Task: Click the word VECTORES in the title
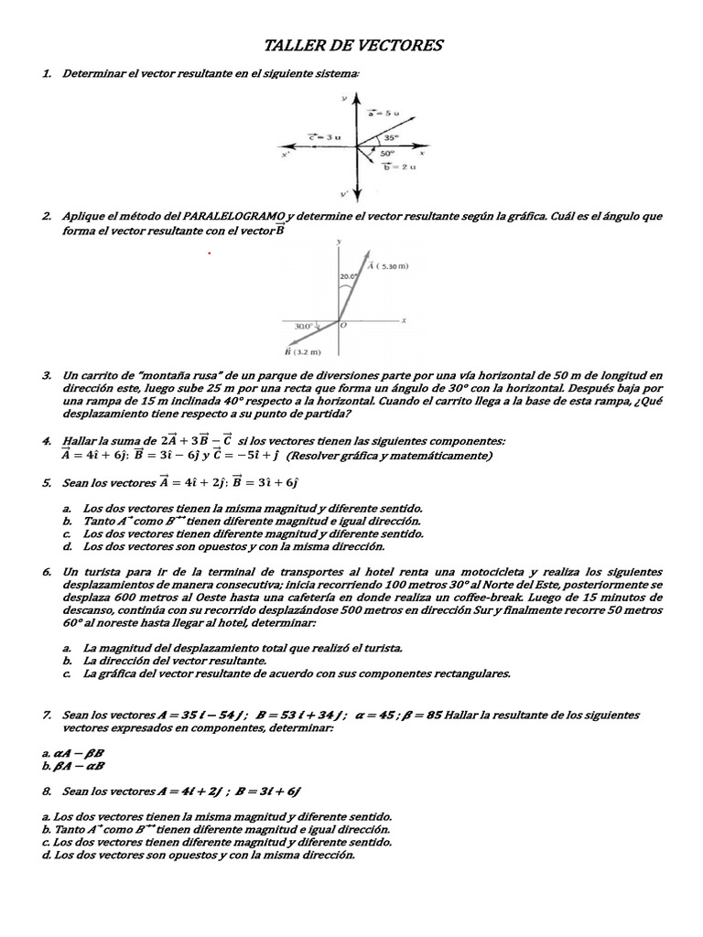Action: point(400,45)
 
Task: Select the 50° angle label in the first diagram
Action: point(387,153)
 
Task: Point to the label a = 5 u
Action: point(384,113)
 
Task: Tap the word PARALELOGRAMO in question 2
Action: point(233,216)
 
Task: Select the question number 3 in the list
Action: point(46,376)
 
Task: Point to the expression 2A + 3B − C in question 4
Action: point(196,440)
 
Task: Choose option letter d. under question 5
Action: point(68,546)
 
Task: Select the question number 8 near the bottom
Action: point(46,789)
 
